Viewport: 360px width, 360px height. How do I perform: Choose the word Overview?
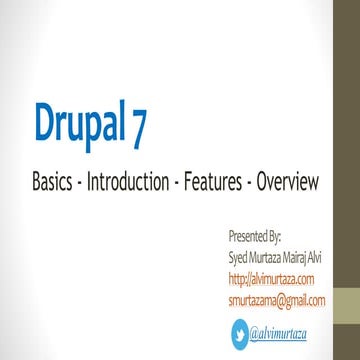point(287,183)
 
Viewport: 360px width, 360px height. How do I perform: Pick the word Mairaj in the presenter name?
point(298,257)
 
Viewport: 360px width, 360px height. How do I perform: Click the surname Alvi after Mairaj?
point(320,257)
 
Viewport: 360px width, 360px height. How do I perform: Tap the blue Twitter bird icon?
point(239,332)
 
